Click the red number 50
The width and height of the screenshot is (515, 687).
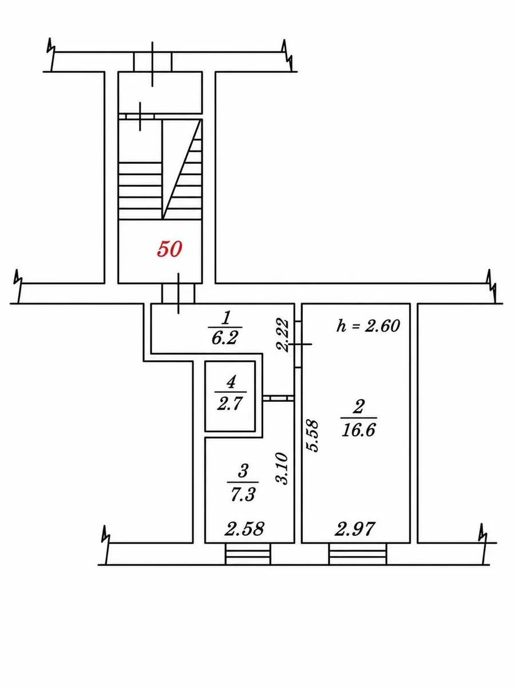click(169, 250)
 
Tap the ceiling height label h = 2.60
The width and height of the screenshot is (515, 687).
click(368, 326)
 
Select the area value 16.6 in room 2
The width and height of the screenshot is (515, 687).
click(358, 430)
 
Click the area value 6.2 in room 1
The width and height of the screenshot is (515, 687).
click(225, 337)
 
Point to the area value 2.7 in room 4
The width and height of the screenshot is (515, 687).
click(230, 404)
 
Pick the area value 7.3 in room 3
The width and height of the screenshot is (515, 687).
click(243, 495)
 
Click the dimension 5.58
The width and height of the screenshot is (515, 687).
click(312, 436)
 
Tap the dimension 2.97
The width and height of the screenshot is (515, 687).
click(354, 528)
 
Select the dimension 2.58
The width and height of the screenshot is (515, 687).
click(244, 528)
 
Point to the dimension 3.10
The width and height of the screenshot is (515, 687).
click(281, 468)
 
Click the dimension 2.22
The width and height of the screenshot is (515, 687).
click(282, 335)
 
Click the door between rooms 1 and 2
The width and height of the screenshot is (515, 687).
click(298, 344)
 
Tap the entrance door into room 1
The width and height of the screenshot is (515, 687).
click(178, 294)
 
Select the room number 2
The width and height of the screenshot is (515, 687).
click(358, 406)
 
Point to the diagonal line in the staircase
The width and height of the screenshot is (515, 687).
click(182, 169)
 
